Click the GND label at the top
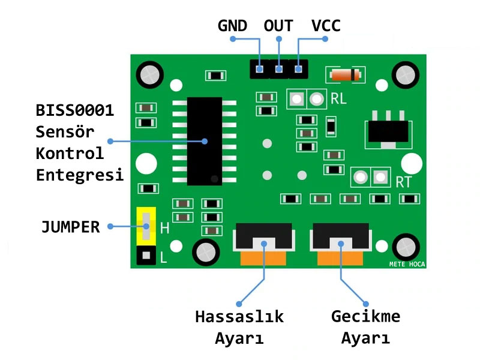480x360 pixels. click(232, 25)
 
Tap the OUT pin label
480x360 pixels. click(278, 25)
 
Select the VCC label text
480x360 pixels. click(326, 25)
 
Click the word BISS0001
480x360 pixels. click(75, 111)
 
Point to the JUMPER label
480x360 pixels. click(70, 227)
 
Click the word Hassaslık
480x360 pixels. click(239, 316)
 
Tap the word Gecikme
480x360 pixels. click(365, 316)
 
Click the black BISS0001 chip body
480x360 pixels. click(204, 141)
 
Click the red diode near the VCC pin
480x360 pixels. click(344, 75)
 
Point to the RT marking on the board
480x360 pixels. click(403, 182)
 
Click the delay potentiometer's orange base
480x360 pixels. click(340, 259)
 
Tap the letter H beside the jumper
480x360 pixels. click(164, 229)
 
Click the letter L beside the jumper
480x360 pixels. click(163, 259)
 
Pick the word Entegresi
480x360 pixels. click(80, 175)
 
